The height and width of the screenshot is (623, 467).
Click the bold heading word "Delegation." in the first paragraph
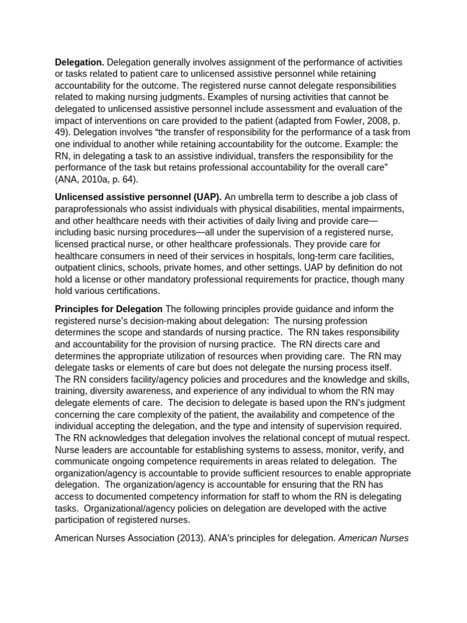80,63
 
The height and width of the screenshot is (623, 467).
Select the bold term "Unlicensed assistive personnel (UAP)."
138,197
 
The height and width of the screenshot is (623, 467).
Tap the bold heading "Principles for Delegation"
109,309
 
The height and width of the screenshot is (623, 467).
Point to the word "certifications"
131,290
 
